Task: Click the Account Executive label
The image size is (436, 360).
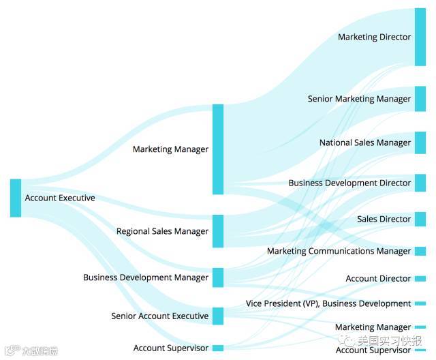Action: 60,198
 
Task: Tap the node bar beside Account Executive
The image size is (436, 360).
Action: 16,198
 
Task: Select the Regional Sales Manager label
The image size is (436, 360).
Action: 162,232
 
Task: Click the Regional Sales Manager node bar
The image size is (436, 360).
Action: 218,231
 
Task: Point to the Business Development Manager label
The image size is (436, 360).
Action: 146,277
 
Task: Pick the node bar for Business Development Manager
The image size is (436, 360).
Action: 218,277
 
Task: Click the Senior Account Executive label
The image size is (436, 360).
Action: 159,316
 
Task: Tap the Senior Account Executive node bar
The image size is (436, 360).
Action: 218,316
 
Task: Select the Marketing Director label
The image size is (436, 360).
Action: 375,37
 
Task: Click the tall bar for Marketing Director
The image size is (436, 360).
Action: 420,37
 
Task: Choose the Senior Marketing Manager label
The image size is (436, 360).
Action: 359,99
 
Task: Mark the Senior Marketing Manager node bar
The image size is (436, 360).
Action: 420,99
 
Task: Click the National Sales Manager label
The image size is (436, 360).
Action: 365,143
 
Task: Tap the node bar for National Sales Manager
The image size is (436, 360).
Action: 420,143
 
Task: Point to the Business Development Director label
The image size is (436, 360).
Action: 349,183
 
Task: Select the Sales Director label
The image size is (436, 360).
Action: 384,220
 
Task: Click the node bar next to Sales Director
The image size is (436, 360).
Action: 420,220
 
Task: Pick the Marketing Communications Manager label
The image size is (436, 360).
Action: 339,252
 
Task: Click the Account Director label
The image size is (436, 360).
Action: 378,279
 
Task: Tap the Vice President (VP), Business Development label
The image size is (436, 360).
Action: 328,304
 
